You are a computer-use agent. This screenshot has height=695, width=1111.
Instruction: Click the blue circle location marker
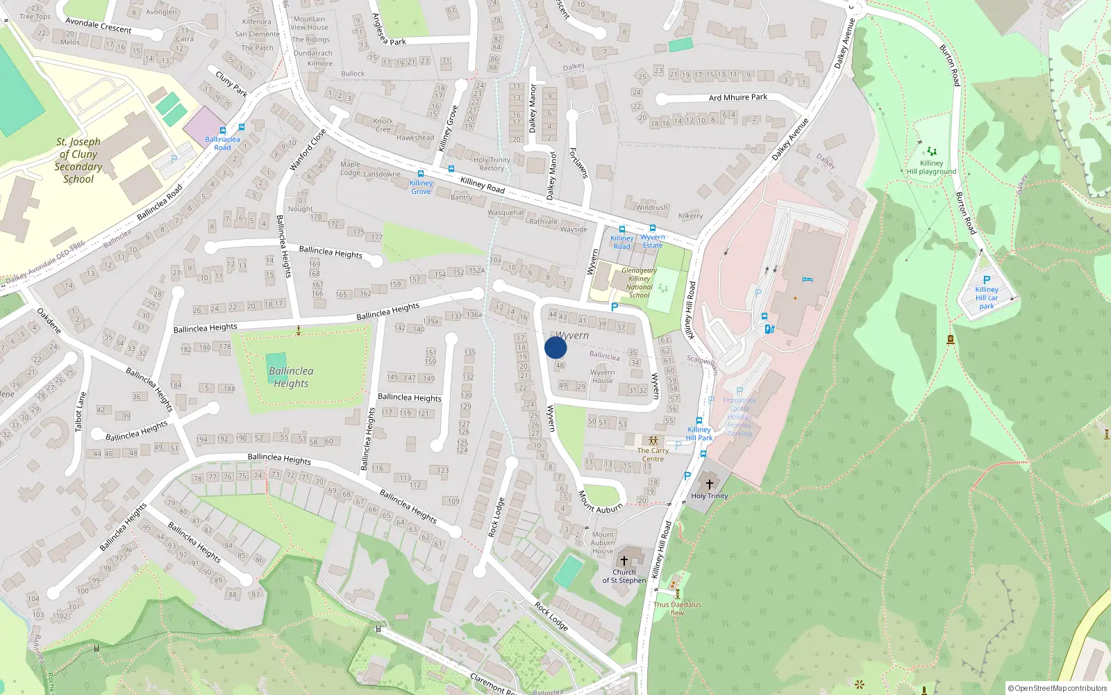coord(555,347)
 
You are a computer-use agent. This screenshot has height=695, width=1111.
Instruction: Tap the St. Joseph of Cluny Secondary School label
coord(78,161)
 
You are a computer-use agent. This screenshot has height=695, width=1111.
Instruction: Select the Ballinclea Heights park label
coord(291,377)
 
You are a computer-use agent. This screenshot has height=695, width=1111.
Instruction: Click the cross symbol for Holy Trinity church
coord(709,484)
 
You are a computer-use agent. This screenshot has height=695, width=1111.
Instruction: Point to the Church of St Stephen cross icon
coord(624,560)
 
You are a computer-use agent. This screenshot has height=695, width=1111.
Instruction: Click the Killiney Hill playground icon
coord(931,151)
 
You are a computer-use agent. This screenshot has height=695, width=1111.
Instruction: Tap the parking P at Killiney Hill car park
coord(987,280)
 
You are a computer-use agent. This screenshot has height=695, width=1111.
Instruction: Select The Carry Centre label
coord(653,455)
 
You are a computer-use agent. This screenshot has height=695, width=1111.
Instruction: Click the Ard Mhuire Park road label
coord(737,97)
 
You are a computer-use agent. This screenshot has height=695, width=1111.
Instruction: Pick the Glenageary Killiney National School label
coord(639,283)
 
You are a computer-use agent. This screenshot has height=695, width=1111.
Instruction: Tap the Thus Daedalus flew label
coord(677,608)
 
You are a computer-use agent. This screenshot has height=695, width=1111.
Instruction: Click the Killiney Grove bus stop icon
coord(420,174)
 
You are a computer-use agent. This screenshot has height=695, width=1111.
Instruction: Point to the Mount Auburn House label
coord(603,543)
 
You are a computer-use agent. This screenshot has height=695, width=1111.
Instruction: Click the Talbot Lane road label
coord(81,411)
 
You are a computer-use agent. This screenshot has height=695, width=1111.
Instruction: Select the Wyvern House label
coord(603,376)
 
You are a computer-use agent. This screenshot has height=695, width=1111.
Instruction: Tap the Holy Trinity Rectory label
coord(492,164)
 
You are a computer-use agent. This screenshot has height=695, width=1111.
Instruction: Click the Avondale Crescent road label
coord(98,26)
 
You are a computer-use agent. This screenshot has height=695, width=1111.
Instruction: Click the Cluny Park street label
coord(231,83)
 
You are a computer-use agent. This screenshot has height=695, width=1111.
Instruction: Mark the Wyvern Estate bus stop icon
coord(652,228)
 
